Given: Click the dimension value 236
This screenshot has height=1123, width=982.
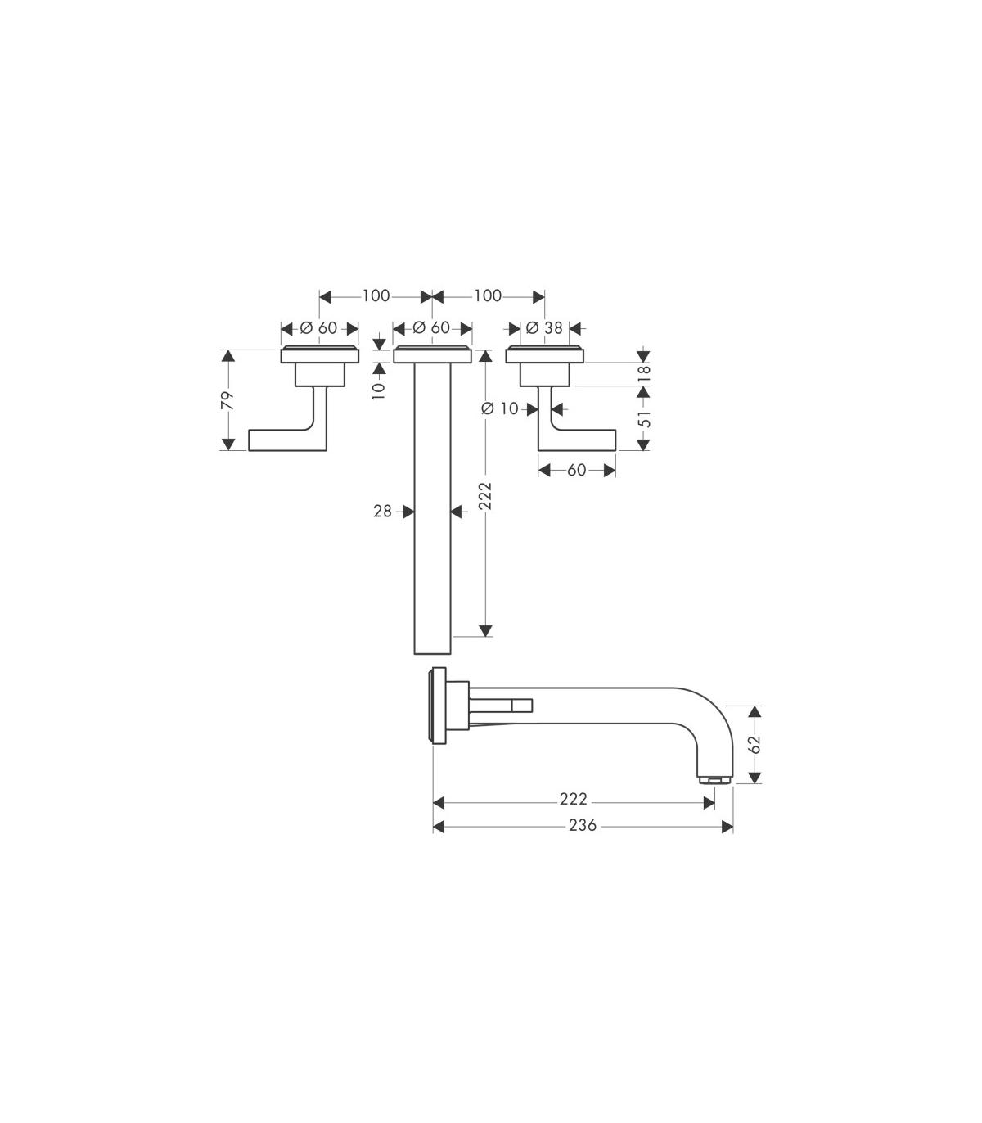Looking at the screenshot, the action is pos(582,826).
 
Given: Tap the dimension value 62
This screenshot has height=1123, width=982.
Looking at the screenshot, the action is pos(755,744).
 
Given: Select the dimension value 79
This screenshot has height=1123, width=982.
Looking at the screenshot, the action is pos(227,400).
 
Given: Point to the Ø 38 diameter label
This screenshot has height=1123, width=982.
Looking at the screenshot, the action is pos(544,328).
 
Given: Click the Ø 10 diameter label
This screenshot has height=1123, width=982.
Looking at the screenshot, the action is pos(499,408).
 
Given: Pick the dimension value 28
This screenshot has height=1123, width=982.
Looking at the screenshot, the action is pos(382,512).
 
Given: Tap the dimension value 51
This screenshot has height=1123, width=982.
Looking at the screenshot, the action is pos(645,418).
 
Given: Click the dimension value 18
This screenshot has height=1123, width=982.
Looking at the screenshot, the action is pos(645,373).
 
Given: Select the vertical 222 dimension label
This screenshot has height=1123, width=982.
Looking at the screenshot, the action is pos(485,496).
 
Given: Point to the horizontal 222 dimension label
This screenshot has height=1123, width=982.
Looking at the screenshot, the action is pos(574,799).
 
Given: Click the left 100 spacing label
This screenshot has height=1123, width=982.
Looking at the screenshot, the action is pos(376,295).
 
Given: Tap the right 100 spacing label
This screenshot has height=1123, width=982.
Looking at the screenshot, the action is pos(488,295).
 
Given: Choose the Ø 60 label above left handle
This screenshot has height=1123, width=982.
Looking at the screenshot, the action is pos(318,328).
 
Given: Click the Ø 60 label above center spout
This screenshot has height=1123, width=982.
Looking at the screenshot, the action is pos(431,328).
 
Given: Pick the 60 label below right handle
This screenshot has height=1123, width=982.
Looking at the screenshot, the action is pos(577,470).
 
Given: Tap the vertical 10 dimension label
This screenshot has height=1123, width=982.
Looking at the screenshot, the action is pos(379,390).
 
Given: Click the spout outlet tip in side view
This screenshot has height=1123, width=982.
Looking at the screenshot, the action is pos(714,779).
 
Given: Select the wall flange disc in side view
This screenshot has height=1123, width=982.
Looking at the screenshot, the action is pos(439,706).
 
